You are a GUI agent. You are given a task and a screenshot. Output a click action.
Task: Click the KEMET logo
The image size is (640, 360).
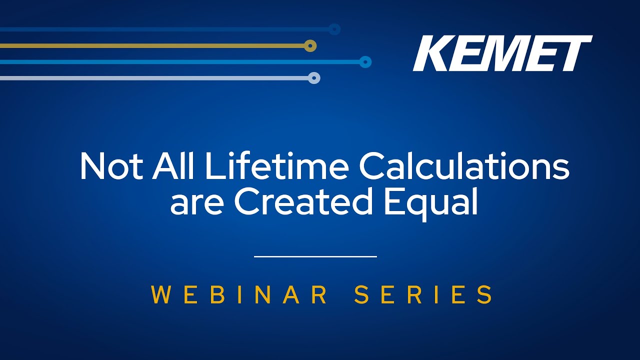(x=502, y=53)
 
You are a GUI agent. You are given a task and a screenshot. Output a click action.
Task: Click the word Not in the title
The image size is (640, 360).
(x=111, y=167)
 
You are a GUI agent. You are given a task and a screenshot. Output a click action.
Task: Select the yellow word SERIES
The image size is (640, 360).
(x=423, y=294)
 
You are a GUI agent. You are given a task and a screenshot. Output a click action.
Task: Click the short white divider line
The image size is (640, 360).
(x=315, y=256)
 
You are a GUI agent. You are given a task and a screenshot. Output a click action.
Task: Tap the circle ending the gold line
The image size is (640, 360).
(x=310, y=45)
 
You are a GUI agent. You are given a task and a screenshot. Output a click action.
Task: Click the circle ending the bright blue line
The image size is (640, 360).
(x=365, y=61)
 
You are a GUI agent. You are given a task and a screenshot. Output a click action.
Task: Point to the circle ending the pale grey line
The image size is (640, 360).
(x=314, y=77)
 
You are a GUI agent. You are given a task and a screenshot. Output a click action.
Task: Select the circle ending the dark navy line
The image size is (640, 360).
(x=334, y=29)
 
